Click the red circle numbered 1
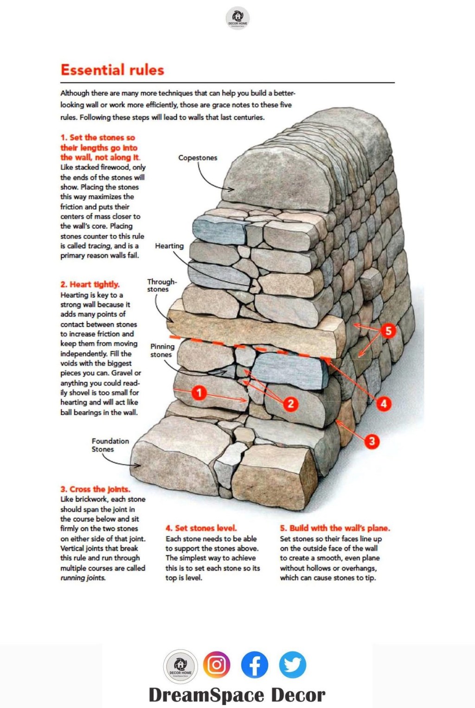click(x=199, y=393)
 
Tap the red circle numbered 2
click(x=291, y=404)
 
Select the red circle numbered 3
click(x=372, y=441)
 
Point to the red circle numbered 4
click(x=384, y=404)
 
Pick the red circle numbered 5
click(x=389, y=331)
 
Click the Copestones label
click(x=198, y=157)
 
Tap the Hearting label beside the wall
click(x=169, y=246)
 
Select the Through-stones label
click(x=161, y=285)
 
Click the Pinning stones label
click(x=162, y=351)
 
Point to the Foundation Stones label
click(x=110, y=445)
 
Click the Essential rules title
click(x=112, y=70)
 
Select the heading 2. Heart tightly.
click(x=90, y=284)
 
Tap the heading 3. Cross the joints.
click(x=95, y=489)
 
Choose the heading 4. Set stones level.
click(x=201, y=528)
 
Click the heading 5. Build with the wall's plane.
click(x=335, y=528)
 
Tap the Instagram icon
click(x=217, y=664)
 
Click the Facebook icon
click(x=254, y=664)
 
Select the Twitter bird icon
click(x=293, y=664)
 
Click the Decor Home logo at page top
click(x=237, y=18)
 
